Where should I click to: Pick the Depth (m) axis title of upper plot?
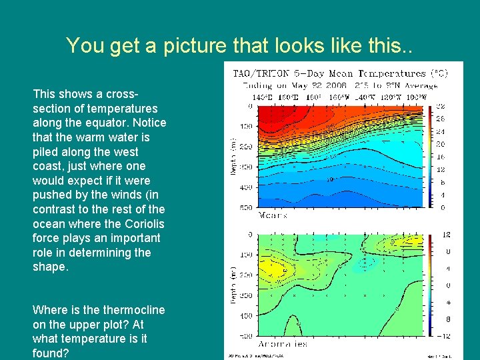[233, 157]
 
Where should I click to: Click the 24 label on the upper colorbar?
[441, 131]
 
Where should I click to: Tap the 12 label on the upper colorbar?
[441, 169]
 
